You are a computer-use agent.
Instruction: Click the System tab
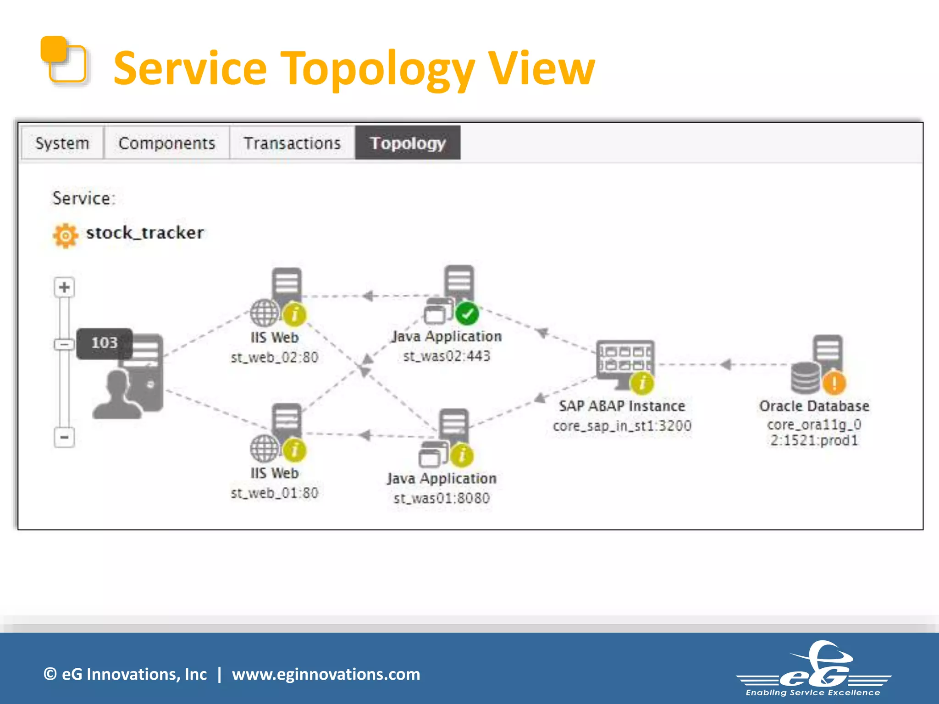pos(62,143)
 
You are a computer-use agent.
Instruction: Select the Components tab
pos(167,143)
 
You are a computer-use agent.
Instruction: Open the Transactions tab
pos(292,143)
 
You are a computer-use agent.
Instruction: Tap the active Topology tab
pos(408,143)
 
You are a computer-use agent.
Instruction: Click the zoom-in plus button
pos(64,287)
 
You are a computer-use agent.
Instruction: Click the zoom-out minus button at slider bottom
pos(64,437)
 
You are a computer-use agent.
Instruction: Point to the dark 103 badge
pos(104,343)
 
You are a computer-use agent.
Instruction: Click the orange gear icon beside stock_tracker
pos(66,235)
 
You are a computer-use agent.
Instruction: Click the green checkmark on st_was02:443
pos(467,314)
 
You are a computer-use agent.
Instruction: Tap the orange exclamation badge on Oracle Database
pos(834,383)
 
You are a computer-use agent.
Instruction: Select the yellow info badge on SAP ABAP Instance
pos(642,383)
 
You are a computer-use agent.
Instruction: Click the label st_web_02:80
pos(274,357)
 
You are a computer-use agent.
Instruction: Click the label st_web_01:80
pos(274,493)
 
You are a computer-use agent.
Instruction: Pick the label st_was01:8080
pos(442,498)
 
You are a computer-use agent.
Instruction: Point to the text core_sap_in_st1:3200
pos(622,426)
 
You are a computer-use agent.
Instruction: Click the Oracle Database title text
pos(814,406)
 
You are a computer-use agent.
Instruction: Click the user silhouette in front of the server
pos(118,396)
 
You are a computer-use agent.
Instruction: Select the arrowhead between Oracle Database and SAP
pos(726,365)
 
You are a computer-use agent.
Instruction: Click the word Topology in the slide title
pos(377,69)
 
